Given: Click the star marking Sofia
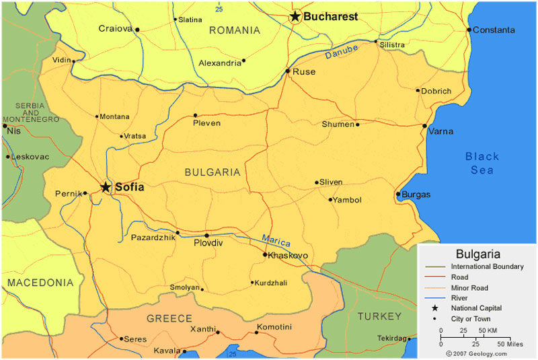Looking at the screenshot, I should tap(106, 187).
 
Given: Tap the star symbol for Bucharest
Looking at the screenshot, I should tap(295, 16).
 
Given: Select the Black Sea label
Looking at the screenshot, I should tap(482, 163).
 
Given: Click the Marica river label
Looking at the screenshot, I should tap(276, 240).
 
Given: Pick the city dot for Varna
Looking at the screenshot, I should tap(424, 126).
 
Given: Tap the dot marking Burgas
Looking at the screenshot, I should tap(398, 194).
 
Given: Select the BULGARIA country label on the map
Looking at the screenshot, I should tap(212, 172).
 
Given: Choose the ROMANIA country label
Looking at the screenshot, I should tap(234, 30).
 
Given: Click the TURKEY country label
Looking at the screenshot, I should tap(379, 316).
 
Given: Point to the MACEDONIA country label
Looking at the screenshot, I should tap(40, 283).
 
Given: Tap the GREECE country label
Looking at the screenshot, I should tap(169, 318).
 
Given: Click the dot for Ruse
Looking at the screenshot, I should tap(287, 71).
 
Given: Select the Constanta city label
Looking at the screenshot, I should tap(494, 30).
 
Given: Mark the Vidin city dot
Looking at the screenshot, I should tap(73, 61).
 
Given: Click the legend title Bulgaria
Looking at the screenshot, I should tap(477, 254).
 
